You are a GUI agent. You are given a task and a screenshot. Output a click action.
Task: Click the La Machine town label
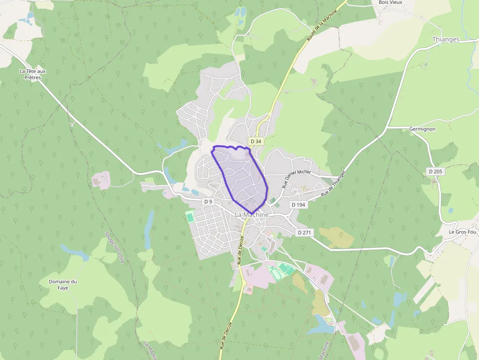click(x=252, y=214)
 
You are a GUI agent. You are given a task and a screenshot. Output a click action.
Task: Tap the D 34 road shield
click(x=255, y=141)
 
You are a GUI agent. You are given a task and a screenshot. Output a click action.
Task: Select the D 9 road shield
click(x=209, y=201)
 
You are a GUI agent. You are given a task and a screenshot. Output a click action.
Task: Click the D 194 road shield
click(x=298, y=205)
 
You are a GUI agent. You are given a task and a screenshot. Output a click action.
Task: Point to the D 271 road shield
click(x=304, y=233)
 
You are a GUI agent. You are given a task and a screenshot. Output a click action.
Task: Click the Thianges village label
click(x=446, y=40)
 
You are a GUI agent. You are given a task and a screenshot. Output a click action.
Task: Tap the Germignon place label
click(x=422, y=129)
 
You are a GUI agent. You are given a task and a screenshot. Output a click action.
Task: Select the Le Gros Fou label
click(x=462, y=232)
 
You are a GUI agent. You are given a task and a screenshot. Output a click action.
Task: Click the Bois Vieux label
click(x=390, y=2)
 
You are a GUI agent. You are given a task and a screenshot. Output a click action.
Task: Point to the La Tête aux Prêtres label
click(x=33, y=74)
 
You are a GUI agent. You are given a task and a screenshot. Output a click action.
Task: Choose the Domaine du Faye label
click(x=63, y=285)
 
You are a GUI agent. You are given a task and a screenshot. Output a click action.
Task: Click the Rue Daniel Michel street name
click(x=297, y=179)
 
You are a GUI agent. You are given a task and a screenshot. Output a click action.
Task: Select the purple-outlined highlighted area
click(x=242, y=176)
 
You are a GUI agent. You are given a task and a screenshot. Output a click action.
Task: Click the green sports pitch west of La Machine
click(x=190, y=217)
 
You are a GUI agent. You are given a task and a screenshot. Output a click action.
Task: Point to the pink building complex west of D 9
click(x=101, y=180)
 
